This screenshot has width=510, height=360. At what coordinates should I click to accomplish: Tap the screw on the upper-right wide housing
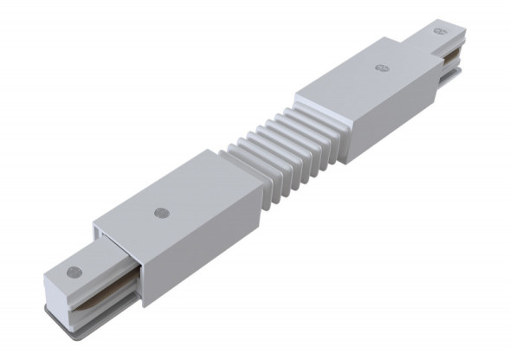click(x=379, y=66)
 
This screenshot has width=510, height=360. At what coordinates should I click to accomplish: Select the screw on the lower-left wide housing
click(x=159, y=211)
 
